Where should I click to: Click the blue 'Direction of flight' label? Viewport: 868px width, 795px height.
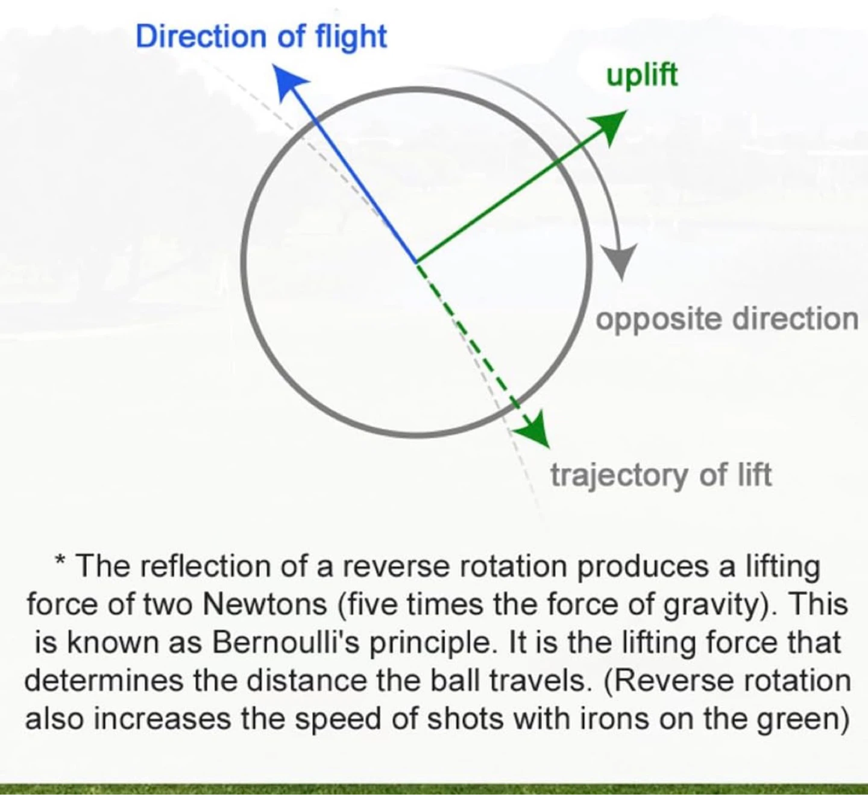(x=262, y=38)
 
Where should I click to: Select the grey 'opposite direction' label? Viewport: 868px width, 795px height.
(x=727, y=320)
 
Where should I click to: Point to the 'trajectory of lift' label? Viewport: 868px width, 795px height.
(x=661, y=475)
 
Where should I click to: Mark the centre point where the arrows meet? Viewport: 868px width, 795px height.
(x=416, y=262)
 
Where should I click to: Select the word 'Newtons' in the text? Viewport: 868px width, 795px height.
(x=265, y=605)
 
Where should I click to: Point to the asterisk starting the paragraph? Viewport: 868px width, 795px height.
(x=60, y=561)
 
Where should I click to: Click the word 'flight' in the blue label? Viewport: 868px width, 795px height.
(x=351, y=38)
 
